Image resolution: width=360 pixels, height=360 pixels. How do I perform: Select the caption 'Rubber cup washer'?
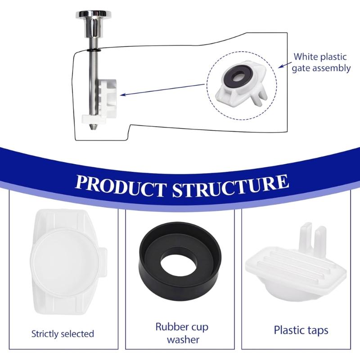pos(182,333)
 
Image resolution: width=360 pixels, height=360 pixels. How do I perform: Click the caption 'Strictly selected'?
pos(63,334)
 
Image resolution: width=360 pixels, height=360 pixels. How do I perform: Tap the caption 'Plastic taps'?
pos(301,330)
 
